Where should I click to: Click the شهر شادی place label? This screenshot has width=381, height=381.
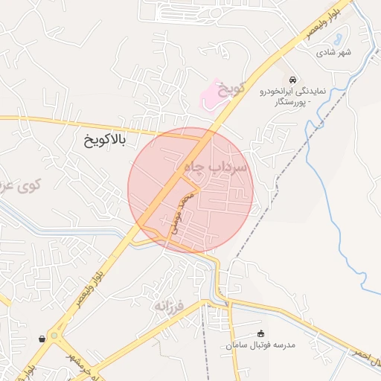point(333,53)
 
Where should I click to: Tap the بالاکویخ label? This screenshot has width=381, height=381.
point(105,139)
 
